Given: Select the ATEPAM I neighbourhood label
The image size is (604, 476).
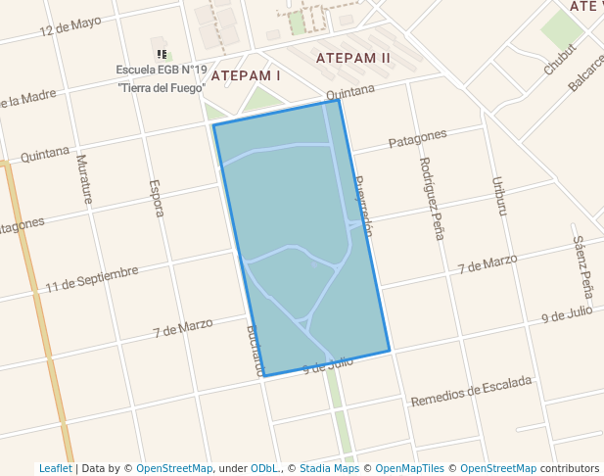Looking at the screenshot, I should point(246,75).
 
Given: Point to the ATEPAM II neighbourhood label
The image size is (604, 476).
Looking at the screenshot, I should point(353,58).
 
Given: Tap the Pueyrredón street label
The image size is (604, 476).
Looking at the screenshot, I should point(364,207).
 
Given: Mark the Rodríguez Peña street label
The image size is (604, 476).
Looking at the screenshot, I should point(431,199).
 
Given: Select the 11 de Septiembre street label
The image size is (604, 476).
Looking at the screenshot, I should point(92,278).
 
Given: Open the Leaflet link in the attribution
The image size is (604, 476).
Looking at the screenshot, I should point(55,468).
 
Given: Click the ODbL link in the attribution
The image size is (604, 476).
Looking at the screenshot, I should point(263,468).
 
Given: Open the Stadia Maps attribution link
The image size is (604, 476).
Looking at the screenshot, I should point(329,468).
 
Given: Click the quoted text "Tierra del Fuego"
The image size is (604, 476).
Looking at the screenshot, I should point(162,87).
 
